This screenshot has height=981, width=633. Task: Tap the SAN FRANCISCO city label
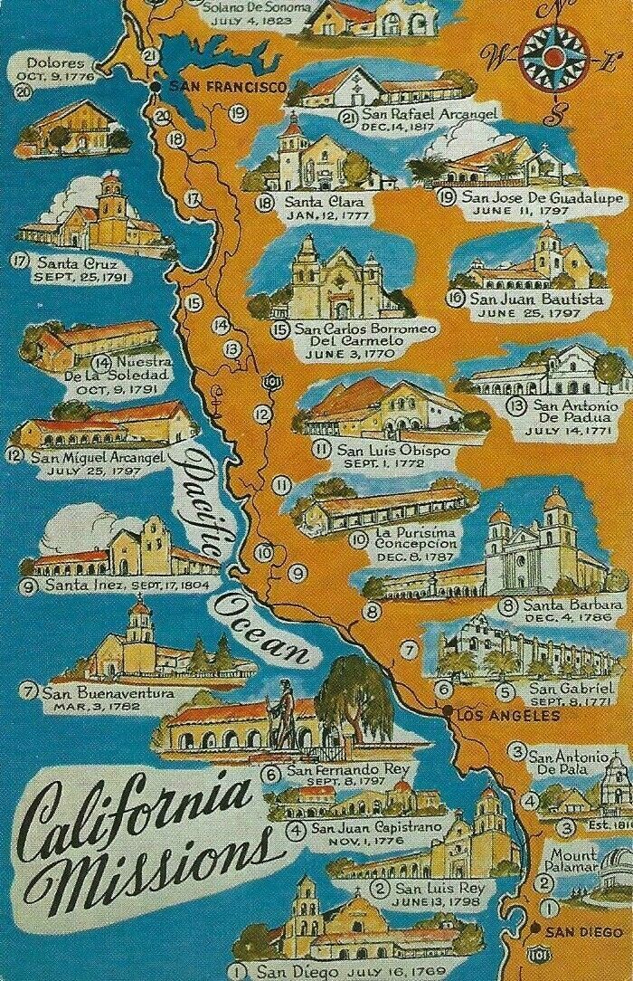pos(225,86)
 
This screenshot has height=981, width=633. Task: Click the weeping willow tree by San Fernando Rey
pos(357,692)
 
